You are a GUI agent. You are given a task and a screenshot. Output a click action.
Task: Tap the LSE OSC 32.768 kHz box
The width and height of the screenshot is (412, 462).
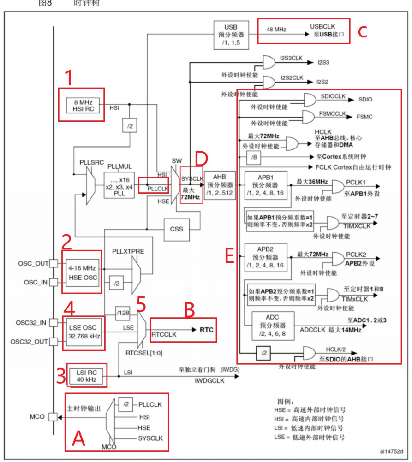click(x=84, y=330)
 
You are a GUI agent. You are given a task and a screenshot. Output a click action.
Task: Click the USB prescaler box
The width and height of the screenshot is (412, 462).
click(x=231, y=35)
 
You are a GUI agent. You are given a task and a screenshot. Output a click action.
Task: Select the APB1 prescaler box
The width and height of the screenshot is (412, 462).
click(x=266, y=185)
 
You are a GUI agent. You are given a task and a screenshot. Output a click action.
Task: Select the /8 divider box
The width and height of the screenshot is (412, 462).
click(x=254, y=158)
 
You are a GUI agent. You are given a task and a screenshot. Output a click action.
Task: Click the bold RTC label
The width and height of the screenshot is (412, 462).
click(x=206, y=330)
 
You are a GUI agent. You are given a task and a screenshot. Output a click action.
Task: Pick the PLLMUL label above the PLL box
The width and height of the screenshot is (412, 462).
click(x=119, y=166)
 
